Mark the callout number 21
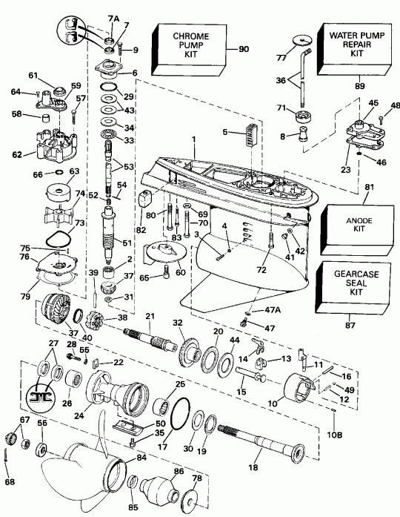click(x=150, y=317)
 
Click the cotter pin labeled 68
click(x=10, y=464)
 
